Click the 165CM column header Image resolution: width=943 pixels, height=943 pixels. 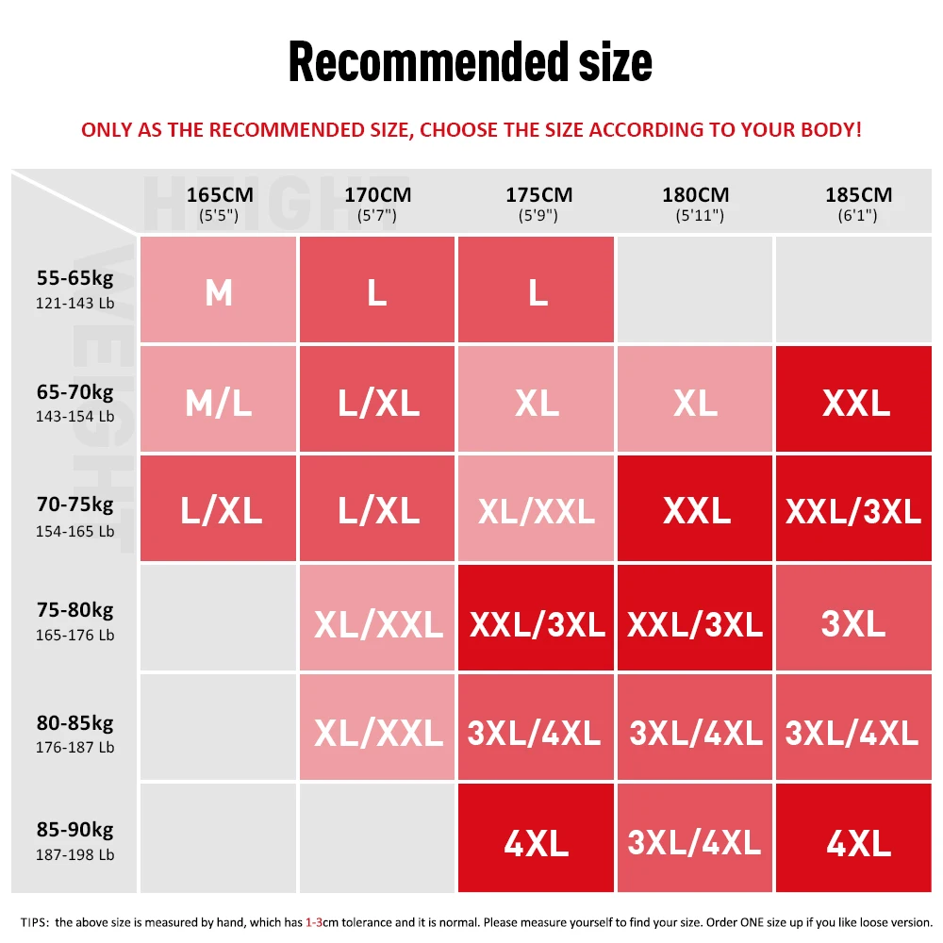[219, 204]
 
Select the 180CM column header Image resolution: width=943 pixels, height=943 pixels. [696, 204]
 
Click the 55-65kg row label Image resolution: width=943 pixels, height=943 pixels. [75, 289]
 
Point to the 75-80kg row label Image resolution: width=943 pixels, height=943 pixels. [75, 620]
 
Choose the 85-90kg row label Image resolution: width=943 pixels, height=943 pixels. [75, 840]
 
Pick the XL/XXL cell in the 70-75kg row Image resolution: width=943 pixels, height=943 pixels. [537, 510]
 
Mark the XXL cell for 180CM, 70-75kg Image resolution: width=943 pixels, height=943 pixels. [696, 510]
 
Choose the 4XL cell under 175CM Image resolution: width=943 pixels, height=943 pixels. [537, 840]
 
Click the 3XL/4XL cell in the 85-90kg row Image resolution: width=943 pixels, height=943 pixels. [696, 840]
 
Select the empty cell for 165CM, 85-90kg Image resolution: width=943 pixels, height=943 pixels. [219, 838]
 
